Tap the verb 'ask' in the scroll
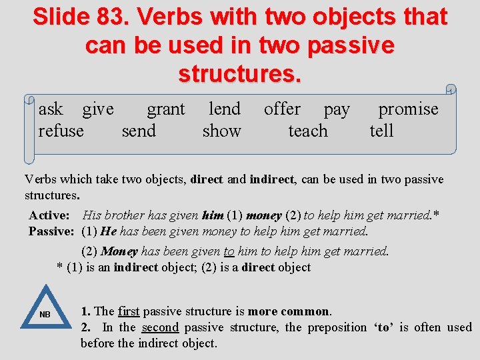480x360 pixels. coord(51,109)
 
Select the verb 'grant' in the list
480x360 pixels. coord(165,109)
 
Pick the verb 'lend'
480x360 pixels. coord(225,109)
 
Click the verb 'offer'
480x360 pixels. coord(282,109)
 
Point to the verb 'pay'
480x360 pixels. coord(337,110)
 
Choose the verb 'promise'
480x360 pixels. coord(408,109)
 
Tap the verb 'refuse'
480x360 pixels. coord(61,131)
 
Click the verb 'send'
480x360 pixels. coord(139,131)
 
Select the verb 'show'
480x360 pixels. coord(221,131)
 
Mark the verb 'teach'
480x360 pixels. coord(308,131)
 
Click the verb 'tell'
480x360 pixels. coord(382,131)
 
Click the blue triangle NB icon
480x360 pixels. coord(45,309)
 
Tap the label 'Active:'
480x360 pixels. coord(49,215)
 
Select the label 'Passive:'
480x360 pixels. coord(51,231)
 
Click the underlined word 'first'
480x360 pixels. coord(128,311)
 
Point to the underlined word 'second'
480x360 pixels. coord(160,327)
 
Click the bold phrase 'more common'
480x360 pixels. coord(288,311)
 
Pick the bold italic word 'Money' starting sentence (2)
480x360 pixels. coord(119,251)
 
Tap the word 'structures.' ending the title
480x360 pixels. coord(240,73)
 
